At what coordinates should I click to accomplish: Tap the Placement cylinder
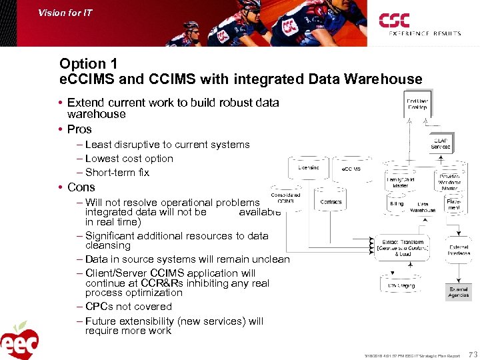coord(454,205)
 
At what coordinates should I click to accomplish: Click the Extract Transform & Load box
coord(403,248)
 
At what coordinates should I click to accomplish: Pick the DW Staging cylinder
coord(401,285)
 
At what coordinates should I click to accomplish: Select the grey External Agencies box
coord(459,291)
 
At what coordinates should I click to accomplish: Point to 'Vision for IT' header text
coord(65,12)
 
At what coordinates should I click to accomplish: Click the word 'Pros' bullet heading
coord(79,129)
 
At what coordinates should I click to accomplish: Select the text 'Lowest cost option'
coord(129,159)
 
